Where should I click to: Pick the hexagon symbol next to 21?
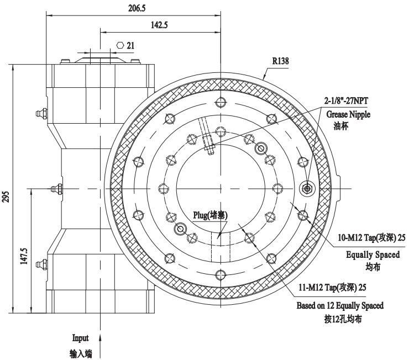120,44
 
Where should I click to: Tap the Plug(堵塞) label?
210,215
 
